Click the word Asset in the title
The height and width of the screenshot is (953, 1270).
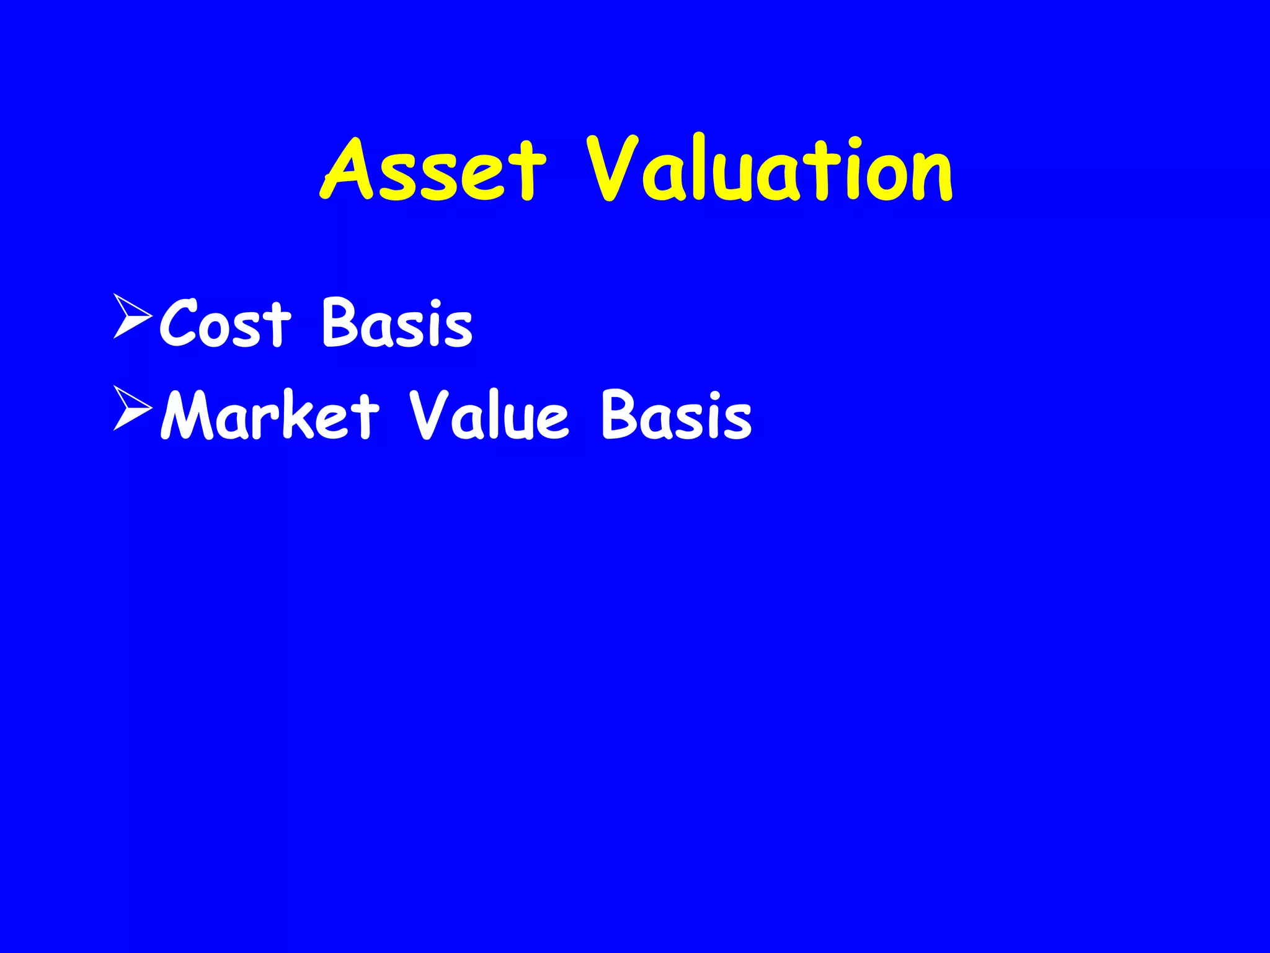click(433, 169)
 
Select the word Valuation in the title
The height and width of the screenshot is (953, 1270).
click(770, 169)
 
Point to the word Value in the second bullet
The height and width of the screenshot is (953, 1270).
click(489, 415)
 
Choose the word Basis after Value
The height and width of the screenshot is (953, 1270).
click(677, 415)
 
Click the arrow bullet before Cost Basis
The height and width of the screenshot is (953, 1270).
click(132, 316)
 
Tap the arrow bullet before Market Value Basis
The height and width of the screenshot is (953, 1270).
click(132, 409)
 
